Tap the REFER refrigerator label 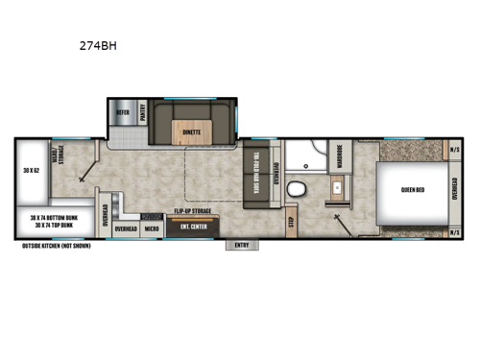123,112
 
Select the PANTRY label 143,113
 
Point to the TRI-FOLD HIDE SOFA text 258,175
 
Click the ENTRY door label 241,245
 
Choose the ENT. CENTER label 192,228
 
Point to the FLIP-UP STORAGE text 192,209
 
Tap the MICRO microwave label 152,229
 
